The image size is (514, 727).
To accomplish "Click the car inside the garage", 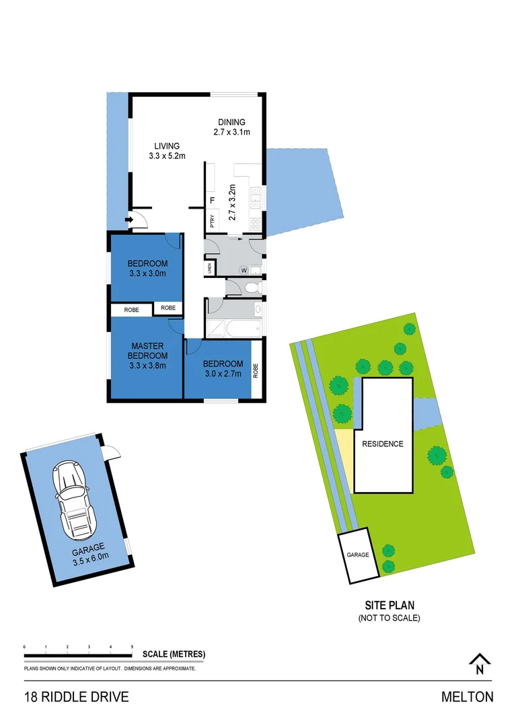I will click(x=73, y=498).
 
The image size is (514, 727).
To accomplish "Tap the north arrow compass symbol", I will click(x=478, y=664).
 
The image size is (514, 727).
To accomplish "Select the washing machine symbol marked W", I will click(x=244, y=270).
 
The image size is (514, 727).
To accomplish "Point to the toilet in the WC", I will click(x=251, y=288).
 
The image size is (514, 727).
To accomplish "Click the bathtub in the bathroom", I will click(x=243, y=328).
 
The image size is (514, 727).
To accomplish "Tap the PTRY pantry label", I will click(x=212, y=221).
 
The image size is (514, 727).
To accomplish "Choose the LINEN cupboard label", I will click(x=210, y=269).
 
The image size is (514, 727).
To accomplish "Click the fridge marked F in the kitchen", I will click(x=213, y=201).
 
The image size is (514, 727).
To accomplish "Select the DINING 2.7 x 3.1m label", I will click(x=231, y=127).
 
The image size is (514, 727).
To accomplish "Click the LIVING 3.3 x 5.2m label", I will click(x=167, y=151).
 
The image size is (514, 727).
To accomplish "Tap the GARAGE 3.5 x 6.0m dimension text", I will click(x=89, y=557).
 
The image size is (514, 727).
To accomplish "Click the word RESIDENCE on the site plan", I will click(x=382, y=444).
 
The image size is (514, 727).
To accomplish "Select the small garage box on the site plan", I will click(x=358, y=555).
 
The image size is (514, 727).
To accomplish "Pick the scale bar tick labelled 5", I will click(x=132, y=647).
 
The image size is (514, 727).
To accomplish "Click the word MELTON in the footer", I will click(x=467, y=697).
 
